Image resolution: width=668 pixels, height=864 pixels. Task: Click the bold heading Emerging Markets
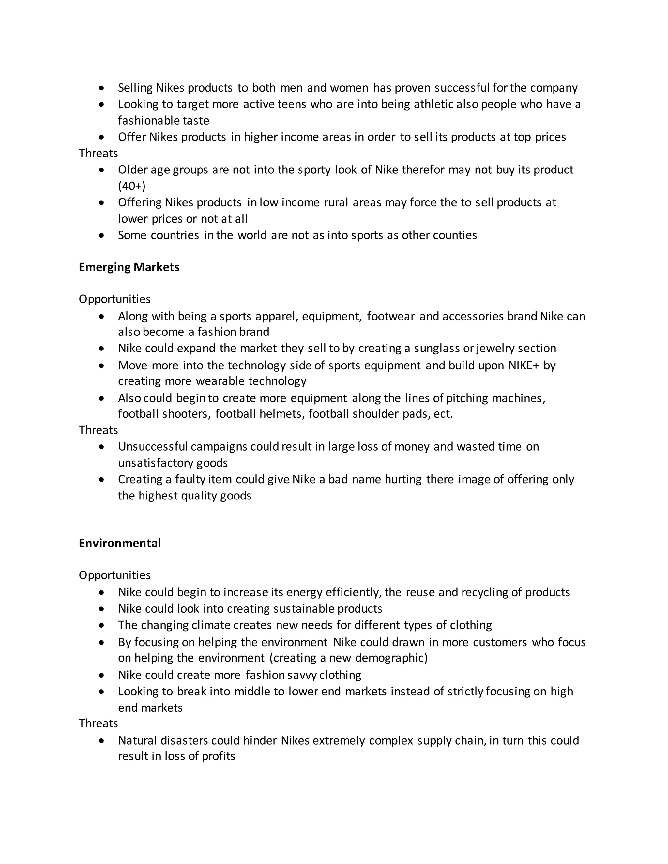tap(129, 267)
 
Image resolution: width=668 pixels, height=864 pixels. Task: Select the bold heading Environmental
tap(120, 543)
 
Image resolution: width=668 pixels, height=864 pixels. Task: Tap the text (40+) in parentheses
tap(132, 186)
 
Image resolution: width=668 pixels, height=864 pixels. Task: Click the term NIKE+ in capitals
tap(524, 365)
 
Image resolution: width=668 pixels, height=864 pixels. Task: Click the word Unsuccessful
tap(153, 447)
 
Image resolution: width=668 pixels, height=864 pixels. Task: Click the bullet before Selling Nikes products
tap(102, 88)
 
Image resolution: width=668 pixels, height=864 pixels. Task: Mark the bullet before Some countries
tap(102, 235)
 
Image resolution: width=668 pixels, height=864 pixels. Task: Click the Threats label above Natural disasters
tap(98, 723)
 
